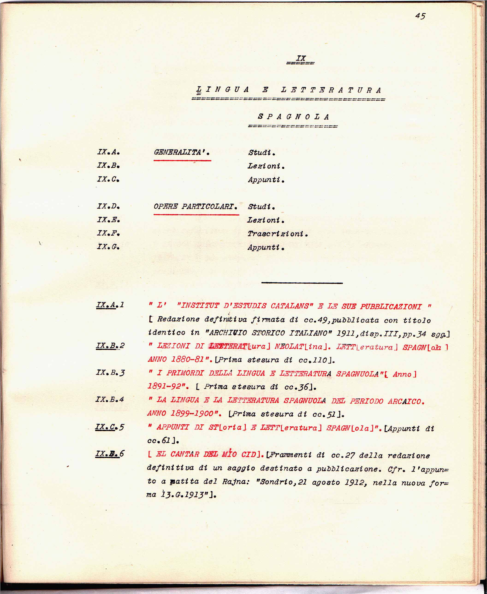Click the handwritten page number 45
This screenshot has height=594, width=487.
(420, 16)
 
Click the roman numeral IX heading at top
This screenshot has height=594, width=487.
(301, 58)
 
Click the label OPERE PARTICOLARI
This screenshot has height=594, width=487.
(195, 206)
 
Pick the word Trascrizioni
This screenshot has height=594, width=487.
(277, 233)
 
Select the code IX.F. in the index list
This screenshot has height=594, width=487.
(108, 233)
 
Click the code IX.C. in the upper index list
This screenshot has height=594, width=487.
(108, 179)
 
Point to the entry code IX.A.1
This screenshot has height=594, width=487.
(110, 305)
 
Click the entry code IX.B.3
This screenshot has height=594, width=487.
(110, 373)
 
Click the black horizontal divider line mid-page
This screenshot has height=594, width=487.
(302, 283)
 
